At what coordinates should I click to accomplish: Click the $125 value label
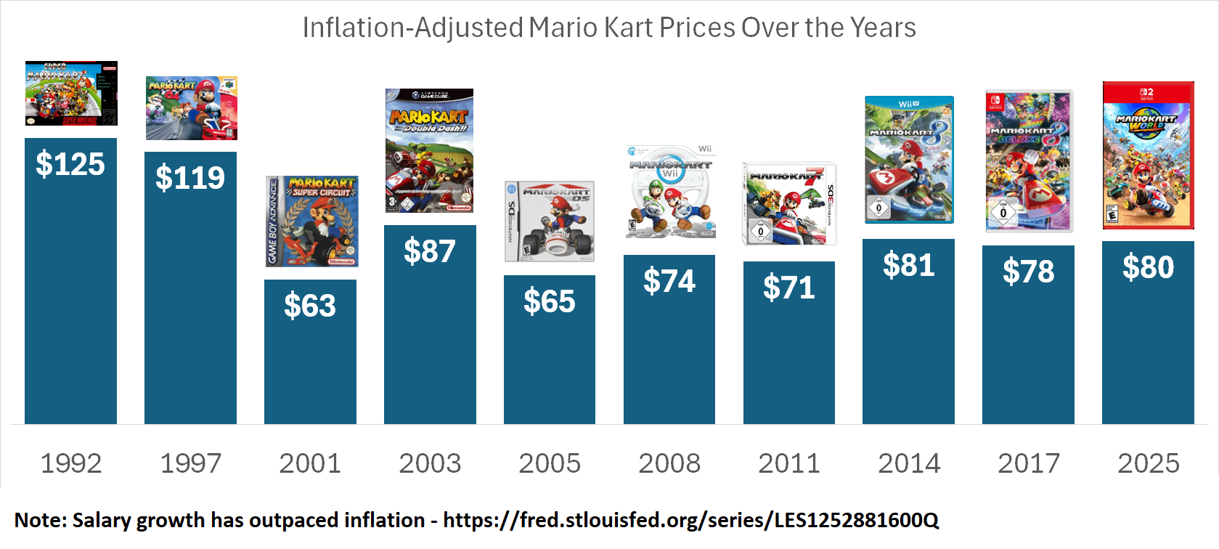(x=70, y=164)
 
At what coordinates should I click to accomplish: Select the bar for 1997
(x=190, y=305)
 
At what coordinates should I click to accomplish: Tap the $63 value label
(x=310, y=306)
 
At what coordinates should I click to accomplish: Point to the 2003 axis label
(x=430, y=463)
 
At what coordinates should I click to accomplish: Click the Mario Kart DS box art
(x=550, y=221)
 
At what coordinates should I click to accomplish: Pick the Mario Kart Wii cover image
(x=670, y=192)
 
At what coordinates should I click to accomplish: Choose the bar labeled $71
(x=789, y=349)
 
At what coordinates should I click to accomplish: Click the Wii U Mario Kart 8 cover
(x=909, y=160)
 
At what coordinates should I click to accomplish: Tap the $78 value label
(x=1028, y=272)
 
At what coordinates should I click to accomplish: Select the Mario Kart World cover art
(x=1148, y=155)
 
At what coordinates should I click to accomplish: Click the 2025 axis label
(x=1148, y=463)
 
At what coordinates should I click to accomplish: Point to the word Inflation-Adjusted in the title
(x=412, y=28)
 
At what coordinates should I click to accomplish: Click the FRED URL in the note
(x=690, y=520)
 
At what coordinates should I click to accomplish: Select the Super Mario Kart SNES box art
(x=71, y=94)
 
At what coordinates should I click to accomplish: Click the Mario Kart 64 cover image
(x=192, y=108)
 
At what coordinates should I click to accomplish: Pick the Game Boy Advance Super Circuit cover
(x=311, y=221)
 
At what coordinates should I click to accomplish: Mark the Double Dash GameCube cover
(x=429, y=150)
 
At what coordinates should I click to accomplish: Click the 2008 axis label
(x=669, y=463)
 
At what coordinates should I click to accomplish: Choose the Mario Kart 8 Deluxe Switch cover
(x=1029, y=161)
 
